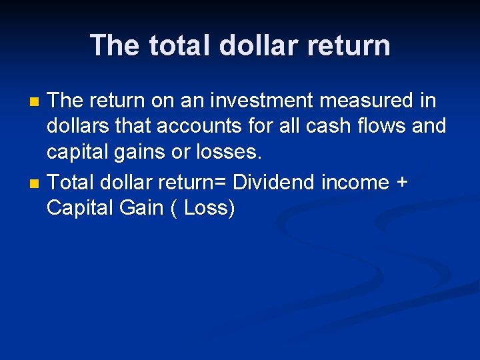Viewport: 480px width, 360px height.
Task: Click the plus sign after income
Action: pos(401,183)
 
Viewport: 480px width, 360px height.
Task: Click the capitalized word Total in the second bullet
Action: pos(71,182)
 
